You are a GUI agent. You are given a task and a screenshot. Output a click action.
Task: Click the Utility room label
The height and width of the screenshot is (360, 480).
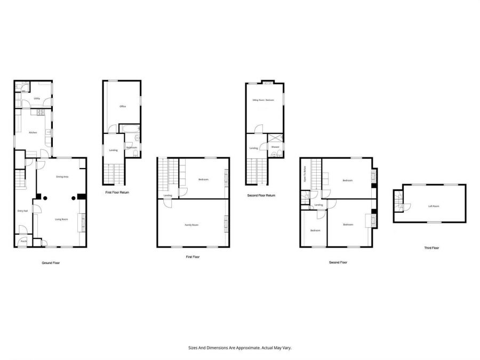(x=37, y=99)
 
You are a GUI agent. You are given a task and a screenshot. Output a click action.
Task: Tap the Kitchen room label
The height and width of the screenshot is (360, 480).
(x=33, y=132)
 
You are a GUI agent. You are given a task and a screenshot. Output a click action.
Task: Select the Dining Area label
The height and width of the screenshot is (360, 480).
(x=62, y=177)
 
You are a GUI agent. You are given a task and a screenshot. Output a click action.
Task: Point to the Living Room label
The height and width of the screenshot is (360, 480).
(x=62, y=219)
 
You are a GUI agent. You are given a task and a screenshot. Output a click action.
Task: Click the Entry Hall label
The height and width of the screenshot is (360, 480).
(x=22, y=211)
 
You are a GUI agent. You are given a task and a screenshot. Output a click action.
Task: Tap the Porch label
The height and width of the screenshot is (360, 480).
(x=23, y=242)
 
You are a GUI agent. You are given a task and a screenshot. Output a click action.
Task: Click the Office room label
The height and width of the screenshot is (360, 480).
(x=123, y=107)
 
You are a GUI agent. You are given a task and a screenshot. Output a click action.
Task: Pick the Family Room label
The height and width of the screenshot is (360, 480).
(x=191, y=225)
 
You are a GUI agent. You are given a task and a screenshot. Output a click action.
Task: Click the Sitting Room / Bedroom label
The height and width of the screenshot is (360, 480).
(x=263, y=100)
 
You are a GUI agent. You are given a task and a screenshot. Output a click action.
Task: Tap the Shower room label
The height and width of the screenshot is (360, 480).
(x=275, y=147)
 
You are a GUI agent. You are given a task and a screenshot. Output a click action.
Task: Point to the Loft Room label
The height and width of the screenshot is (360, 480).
(x=434, y=206)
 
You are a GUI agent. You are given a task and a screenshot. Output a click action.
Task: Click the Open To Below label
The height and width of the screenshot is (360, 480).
(x=304, y=174)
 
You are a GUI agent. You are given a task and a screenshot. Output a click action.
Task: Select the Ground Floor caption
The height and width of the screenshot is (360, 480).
(x=51, y=263)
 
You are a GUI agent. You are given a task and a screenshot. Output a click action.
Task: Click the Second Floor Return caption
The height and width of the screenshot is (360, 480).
(x=261, y=195)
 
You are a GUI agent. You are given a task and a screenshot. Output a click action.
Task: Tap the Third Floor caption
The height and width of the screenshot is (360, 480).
(x=431, y=248)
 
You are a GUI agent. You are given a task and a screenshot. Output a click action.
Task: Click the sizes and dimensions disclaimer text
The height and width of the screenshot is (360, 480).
(x=240, y=347)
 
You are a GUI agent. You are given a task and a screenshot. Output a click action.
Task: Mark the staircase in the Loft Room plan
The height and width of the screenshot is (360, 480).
(x=398, y=201)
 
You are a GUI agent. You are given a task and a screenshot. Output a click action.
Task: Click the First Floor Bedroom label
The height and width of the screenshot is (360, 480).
(x=203, y=179)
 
